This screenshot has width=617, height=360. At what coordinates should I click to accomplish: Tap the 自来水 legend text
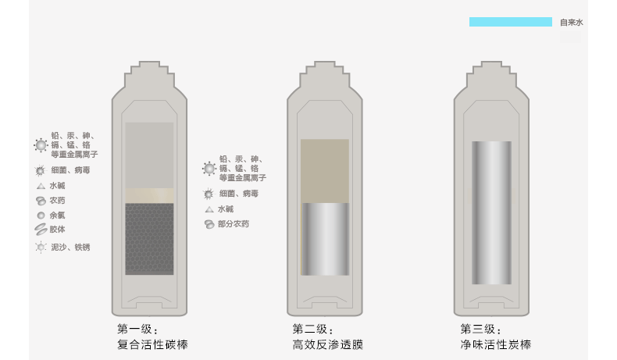(x=571, y=23)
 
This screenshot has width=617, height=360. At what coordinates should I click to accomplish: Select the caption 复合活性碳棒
(x=152, y=344)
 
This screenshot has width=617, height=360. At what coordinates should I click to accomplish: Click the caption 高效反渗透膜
(x=328, y=344)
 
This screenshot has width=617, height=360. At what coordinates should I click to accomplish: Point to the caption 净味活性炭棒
(x=496, y=344)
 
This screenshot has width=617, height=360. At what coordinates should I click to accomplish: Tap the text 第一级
(x=138, y=329)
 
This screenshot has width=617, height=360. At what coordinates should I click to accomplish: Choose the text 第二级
(x=313, y=329)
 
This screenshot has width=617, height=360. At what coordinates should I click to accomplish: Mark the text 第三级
(x=481, y=329)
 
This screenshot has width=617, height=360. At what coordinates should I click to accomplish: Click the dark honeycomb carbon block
(x=149, y=239)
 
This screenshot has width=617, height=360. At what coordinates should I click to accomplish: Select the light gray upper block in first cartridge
(x=149, y=155)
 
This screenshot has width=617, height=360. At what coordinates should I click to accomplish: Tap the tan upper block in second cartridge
(x=325, y=170)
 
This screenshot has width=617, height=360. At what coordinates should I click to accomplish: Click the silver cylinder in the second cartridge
(x=325, y=239)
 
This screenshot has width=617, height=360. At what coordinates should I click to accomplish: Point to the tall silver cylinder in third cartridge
(x=492, y=212)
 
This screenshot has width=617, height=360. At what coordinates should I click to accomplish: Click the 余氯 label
(x=58, y=215)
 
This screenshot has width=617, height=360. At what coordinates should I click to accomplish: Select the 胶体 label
(x=58, y=230)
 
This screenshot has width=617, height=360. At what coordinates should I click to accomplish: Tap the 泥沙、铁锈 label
(x=70, y=248)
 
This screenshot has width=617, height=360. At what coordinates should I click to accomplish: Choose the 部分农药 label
(x=234, y=224)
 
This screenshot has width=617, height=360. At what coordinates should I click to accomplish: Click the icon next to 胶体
(x=41, y=230)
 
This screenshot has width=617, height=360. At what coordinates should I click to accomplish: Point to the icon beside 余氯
(x=41, y=215)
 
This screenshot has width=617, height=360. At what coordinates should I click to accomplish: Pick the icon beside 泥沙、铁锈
(x=41, y=248)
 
